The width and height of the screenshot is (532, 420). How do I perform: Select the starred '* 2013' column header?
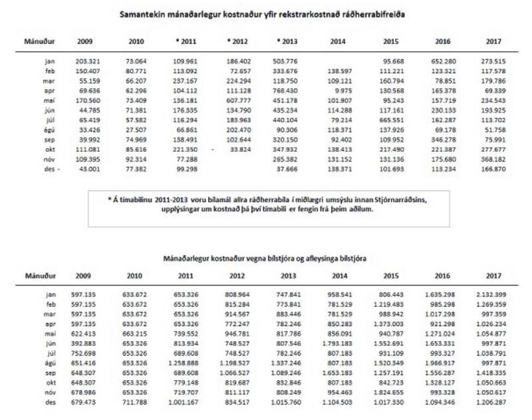coord(287,41)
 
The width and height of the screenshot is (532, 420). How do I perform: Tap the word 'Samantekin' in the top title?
coord(144,13)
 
